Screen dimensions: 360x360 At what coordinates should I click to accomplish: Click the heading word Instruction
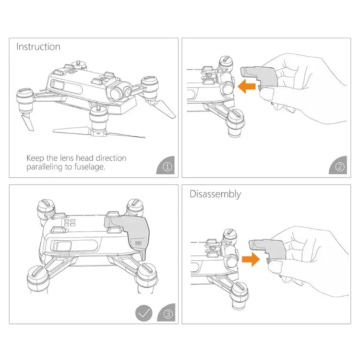coord(38,47)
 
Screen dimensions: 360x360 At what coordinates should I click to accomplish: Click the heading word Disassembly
coord(215,194)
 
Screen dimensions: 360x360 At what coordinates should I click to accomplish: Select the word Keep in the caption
coord(35,158)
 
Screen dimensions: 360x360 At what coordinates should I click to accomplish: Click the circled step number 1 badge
coord(167,167)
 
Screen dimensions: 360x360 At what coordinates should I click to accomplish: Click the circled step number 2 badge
coord(339,167)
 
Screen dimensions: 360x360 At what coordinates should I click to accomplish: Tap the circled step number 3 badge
coord(168,313)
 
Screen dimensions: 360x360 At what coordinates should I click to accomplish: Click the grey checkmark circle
coord(144,313)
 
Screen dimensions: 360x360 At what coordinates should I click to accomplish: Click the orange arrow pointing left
coord(247,86)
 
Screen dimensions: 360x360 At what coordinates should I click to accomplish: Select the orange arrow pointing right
coord(251,259)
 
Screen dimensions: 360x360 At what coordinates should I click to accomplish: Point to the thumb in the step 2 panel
coord(267,94)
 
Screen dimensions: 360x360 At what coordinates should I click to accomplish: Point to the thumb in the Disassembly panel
coord(275,266)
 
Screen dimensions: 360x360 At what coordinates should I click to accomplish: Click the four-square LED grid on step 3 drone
coord(70,223)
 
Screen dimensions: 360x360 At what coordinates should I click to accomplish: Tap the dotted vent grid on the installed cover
coord(138,243)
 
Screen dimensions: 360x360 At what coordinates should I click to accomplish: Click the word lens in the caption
coord(67,158)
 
